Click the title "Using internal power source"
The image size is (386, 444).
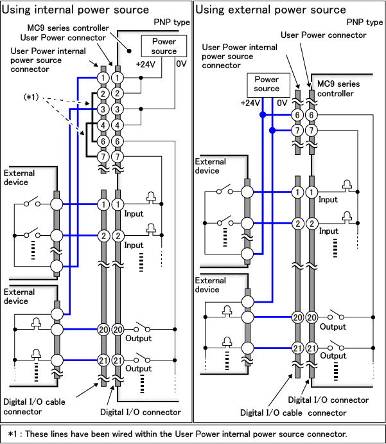[76, 10]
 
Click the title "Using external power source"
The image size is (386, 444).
[270, 10]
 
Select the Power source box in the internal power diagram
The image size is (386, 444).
[164, 46]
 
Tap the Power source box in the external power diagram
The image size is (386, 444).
[267, 84]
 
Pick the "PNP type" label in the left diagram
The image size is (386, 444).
[171, 22]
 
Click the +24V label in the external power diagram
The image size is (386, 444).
[250, 103]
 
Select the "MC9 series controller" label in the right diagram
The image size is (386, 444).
[336, 89]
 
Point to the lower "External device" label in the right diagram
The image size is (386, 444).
[211, 285]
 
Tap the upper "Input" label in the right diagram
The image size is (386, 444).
[328, 200]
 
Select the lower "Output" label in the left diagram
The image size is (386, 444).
[139, 368]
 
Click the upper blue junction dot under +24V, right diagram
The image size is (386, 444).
[263, 115]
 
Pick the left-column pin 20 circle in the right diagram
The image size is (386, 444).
[297, 317]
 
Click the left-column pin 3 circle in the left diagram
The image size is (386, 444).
[102, 110]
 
